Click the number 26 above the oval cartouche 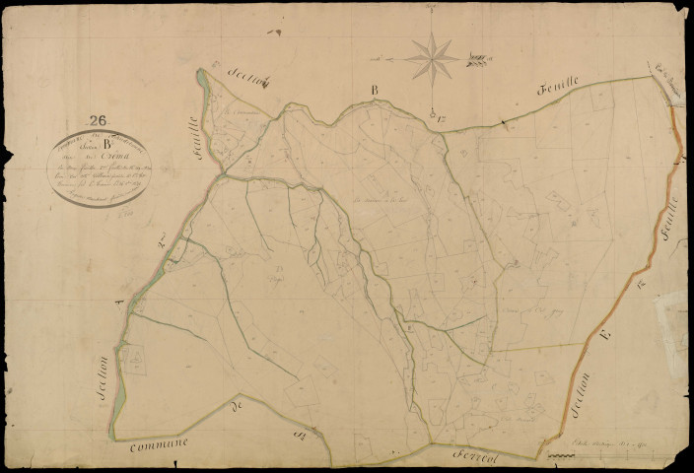(x=97, y=121)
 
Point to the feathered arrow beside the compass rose (x=479, y=60)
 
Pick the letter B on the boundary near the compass (x=375, y=91)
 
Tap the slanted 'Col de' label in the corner (x=661, y=71)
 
